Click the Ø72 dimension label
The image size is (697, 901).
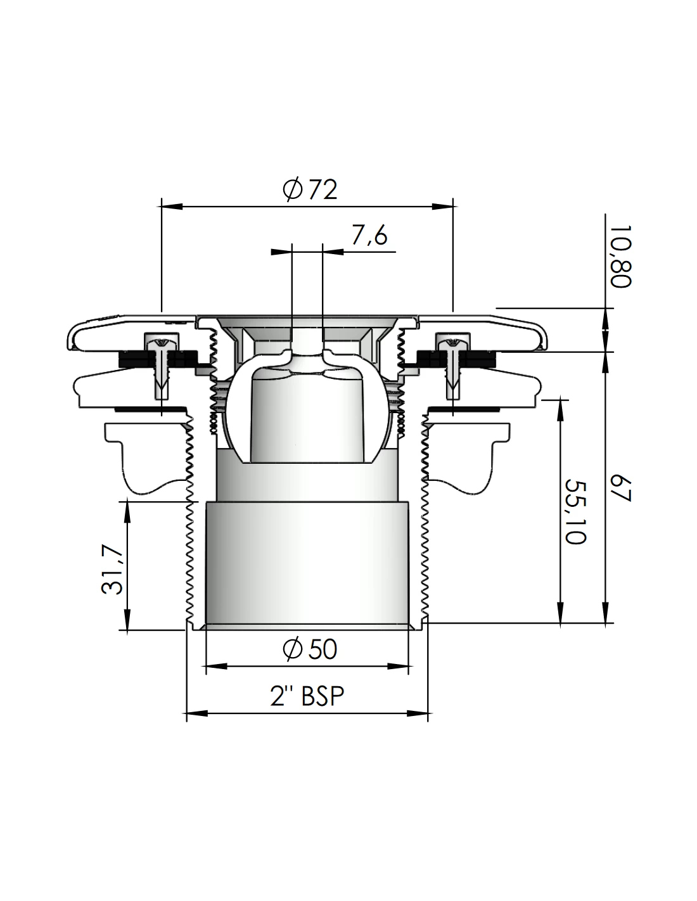click(311, 189)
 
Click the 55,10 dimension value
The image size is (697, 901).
click(576, 511)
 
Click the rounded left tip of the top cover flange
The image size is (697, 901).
click(70, 338)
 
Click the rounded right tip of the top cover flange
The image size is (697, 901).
click(544, 338)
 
